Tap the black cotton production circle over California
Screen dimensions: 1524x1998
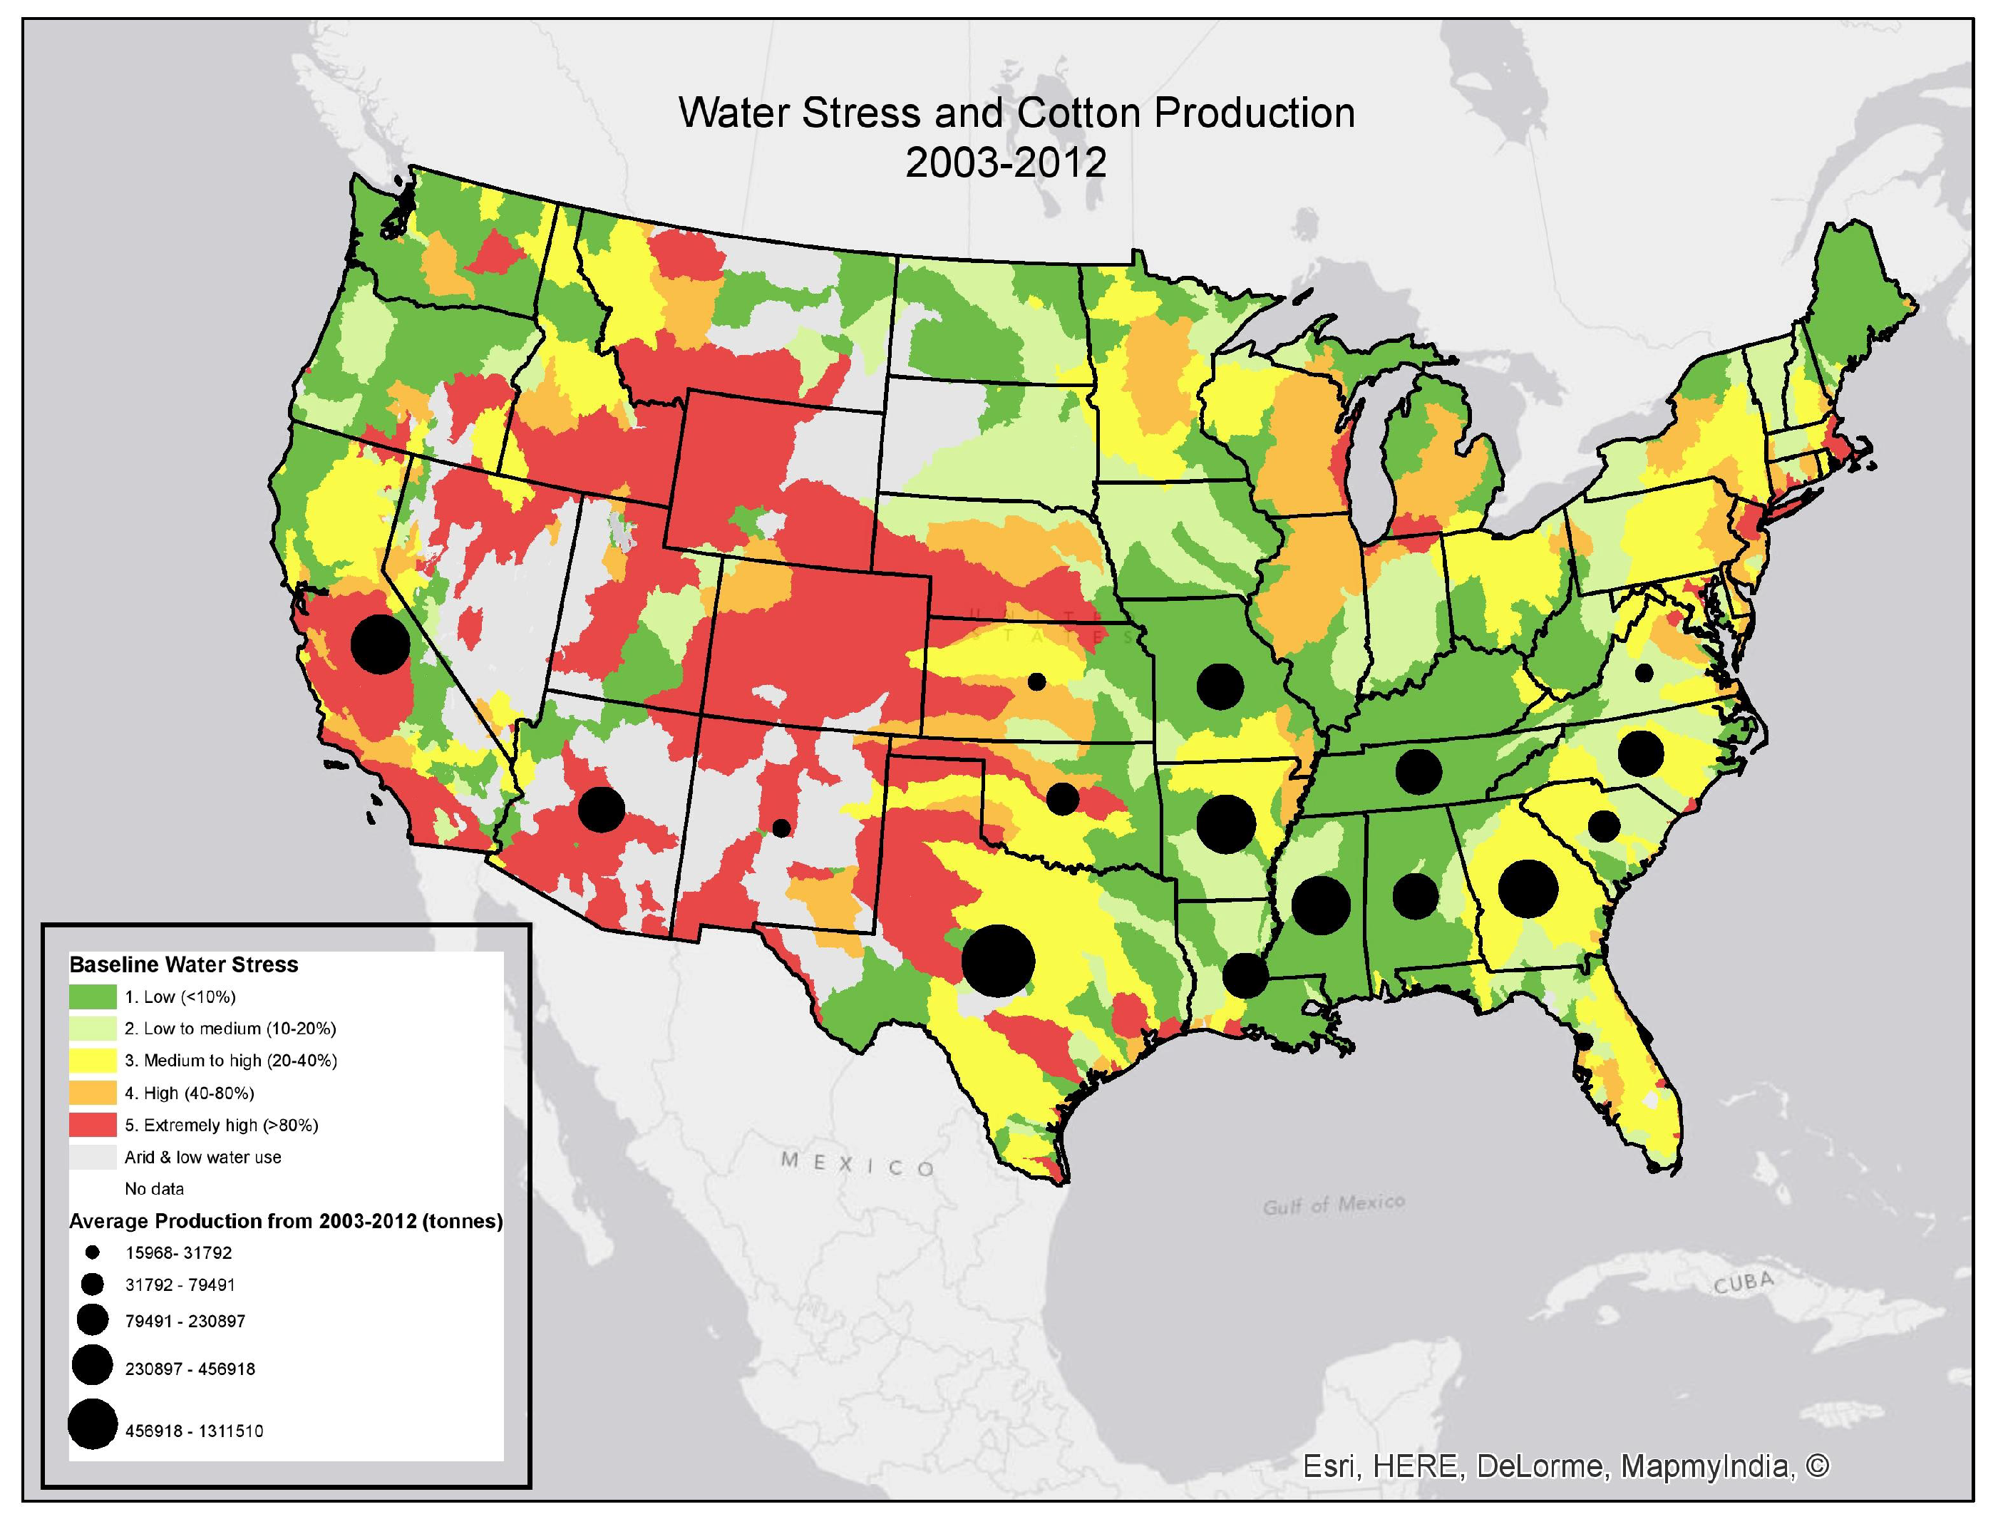point(381,644)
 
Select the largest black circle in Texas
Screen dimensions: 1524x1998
point(998,962)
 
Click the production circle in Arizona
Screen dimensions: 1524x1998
point(602,809)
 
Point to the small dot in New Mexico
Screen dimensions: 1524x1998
point(780,828)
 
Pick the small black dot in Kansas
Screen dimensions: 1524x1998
point(1036,681)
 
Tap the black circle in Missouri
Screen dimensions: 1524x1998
point(1220,686)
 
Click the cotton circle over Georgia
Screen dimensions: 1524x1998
point(1528,888)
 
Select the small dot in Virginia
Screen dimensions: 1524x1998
point(1644,672)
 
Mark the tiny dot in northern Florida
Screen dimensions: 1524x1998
point(1585,1042)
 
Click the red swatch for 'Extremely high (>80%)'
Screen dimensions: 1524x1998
point(93,1125)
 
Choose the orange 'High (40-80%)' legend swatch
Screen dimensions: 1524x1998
point(93,1092)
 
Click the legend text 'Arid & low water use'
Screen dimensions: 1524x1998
point(203,1158)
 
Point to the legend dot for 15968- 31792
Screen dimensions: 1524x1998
point(93,1252)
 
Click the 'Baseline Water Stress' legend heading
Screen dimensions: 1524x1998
point(184,964)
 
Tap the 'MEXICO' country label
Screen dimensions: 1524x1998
point(857,1164)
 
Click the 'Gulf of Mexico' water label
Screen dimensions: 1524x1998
point(1333,1205)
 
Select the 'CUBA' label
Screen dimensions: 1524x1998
point(1743,1282)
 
